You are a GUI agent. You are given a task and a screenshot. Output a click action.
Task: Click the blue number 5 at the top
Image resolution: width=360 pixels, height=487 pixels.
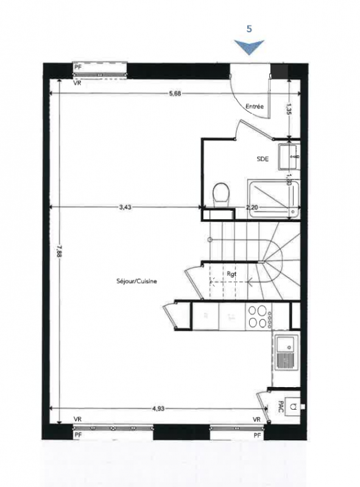point(249,29)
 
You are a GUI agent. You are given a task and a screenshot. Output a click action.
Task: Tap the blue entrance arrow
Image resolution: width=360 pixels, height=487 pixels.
point(249,47)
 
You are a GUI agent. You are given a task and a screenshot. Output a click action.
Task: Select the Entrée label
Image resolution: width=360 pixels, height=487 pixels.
point(255,106)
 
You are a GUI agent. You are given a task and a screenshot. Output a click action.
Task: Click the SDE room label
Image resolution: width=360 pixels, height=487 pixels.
point(263,159)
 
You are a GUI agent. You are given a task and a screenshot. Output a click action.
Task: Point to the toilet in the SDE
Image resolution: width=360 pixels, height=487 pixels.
point(221,194)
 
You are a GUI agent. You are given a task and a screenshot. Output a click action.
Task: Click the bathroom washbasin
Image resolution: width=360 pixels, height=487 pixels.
point(289,156)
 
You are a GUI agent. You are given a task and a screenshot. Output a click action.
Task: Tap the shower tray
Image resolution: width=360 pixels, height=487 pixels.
point(274,199)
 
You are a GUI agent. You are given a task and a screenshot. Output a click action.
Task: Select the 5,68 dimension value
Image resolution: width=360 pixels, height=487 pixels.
point(175,94)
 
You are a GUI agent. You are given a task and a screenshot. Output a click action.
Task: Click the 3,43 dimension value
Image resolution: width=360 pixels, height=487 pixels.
point(125,207)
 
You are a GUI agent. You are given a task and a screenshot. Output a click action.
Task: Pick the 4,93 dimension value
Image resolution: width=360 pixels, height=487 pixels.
point(158,408)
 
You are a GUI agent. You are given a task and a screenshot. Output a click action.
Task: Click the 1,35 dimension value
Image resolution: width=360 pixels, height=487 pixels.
point(289,109)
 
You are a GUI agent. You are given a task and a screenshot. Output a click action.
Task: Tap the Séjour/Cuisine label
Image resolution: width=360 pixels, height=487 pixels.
point(136,281)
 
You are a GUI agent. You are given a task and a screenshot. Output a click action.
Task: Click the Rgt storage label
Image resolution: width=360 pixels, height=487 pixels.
point(231,274)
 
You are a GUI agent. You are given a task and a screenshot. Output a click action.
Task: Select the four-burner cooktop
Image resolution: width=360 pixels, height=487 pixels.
point(258,317)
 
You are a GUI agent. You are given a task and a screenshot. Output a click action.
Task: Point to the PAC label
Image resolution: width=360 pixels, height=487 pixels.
point(280,406)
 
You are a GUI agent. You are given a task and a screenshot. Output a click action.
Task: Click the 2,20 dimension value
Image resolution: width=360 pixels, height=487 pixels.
point(252,207)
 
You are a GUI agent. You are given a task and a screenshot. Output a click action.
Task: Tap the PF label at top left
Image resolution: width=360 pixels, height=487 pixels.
point(78,68)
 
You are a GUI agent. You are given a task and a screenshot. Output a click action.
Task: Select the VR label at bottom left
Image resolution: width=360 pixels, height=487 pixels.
point(78,419)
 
